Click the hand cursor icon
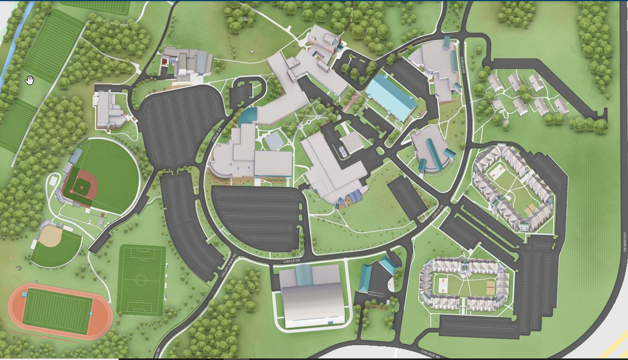[x=30, y=80]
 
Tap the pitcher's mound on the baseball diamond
[x=81, y=186]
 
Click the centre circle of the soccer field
[x=141, y=279]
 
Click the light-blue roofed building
[x=391, y=97]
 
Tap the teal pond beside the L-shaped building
[x=248, y=116]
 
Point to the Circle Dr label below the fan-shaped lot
[x=291, y=261]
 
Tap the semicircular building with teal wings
[x=430, y=150]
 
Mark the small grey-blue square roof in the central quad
[x=274, y=141]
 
